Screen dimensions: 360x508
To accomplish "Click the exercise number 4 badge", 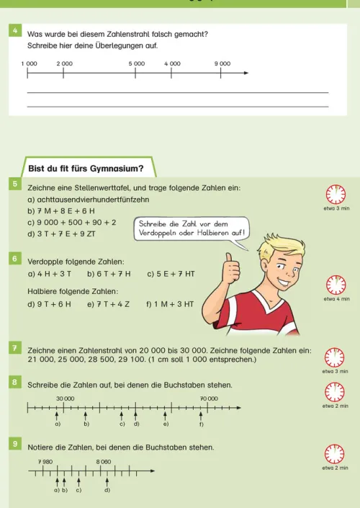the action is [14, 32].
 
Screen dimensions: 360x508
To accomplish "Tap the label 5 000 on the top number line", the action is [137, 63].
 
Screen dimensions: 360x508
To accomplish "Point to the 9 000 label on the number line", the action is [222, 63].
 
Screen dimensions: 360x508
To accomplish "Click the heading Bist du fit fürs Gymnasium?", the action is [85, 169].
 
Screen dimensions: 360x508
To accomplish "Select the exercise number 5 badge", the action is [14, 185].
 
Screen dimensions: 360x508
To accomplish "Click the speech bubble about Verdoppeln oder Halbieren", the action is [192, 228].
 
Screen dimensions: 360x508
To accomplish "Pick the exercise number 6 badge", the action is [14, 257].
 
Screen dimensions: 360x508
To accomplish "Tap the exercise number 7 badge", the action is [14, 348].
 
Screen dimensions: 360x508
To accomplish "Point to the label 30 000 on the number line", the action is [66, 398].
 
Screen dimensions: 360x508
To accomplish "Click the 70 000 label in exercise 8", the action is [209, 398].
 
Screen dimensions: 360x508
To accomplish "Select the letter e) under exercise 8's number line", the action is [166, 424].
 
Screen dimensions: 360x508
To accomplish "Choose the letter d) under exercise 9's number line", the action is [107, 490].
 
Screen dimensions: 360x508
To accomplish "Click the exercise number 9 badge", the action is [14, 445].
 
